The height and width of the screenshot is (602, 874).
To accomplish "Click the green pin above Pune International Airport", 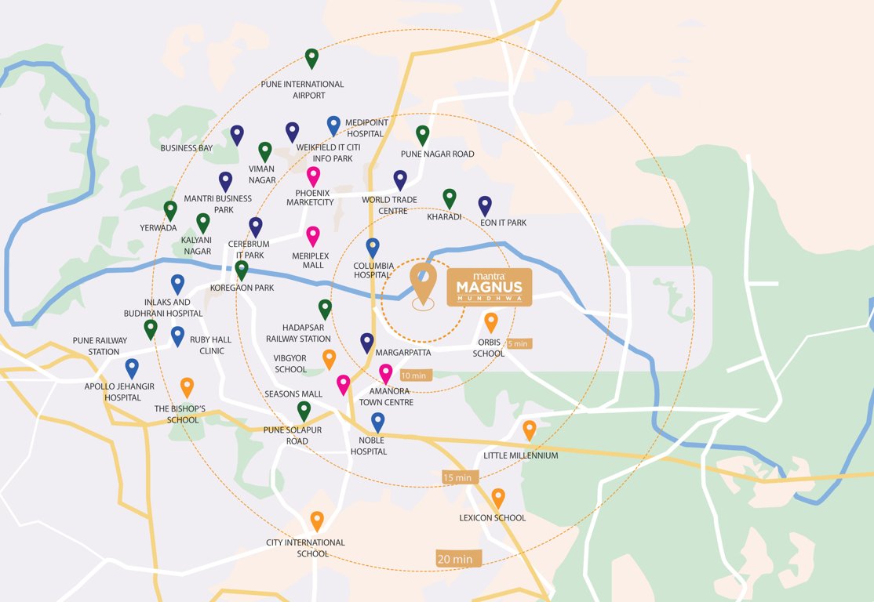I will [311, 58].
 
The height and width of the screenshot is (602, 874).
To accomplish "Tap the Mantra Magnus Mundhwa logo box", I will [490, 288].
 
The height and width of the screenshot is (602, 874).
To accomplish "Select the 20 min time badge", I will [456, 559].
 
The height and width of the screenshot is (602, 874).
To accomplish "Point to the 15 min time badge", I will [457, 477].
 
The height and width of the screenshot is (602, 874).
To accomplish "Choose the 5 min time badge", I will [518, 343].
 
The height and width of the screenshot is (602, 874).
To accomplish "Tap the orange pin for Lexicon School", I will [497, 497].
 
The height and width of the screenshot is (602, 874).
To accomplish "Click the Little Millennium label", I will [521, 455].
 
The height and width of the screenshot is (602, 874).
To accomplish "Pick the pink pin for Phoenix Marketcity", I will [313, 176].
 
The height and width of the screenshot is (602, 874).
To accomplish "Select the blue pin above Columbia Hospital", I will [373, 247].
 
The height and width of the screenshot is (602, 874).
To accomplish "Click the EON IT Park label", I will [502, 223].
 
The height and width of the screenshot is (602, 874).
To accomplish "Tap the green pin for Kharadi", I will [449, 198].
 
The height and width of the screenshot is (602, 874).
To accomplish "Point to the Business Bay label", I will [187, 147].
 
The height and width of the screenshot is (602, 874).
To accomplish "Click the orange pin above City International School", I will [316, 520].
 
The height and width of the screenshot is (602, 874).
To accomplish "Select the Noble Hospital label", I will [369, 446].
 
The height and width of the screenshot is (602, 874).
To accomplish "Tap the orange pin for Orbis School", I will [490, 321].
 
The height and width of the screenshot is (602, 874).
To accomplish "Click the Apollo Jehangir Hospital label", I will [119, 392].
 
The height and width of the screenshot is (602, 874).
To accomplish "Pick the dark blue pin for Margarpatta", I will [366, 342].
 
